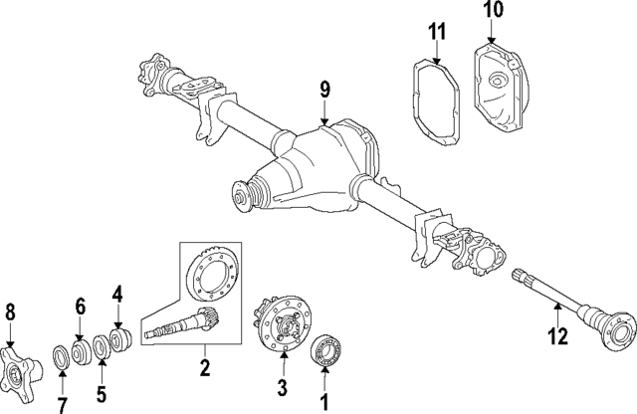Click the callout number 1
click(x=323, y=403)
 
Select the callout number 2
click(x=205, y=369)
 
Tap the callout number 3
click(x=282, y=387)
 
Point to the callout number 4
click(x=117, y=295)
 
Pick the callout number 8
click(x=11, y=313)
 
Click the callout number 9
click(x=323, y=90)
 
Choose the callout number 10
click(x=495, y=12)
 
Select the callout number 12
click(x=559, y=336)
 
